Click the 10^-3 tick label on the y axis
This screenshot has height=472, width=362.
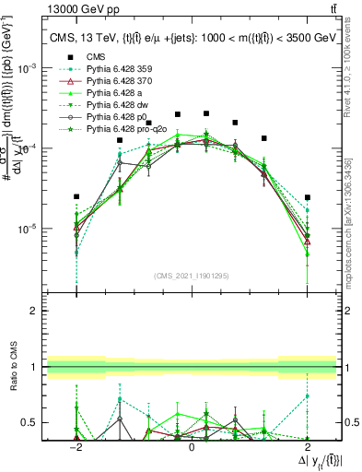[30, 68]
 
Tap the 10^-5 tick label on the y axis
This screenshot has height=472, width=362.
[30, 229]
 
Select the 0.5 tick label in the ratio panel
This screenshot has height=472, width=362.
[33, 423]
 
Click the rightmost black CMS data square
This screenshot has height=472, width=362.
[308, 197]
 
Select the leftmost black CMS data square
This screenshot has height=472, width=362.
[76, 196]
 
